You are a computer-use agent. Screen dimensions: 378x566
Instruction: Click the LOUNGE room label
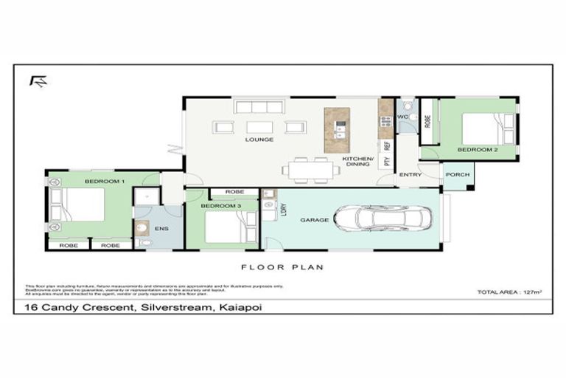coord(259,140)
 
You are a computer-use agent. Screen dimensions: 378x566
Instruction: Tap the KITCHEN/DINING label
coord(358,161)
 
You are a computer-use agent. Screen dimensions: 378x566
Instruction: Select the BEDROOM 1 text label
coord(105,180)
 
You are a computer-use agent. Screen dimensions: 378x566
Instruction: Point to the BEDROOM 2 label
coord(477,149)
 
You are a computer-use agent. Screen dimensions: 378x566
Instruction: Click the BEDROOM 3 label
coord(222,205)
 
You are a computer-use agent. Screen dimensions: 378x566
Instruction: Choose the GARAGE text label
coord(313,220)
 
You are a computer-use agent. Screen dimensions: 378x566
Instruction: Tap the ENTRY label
coord(410,175)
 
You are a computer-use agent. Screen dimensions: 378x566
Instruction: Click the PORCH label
coord(457,175)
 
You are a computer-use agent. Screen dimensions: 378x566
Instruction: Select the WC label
coord(403,117)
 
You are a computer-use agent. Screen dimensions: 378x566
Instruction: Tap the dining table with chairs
coord(310,170)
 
